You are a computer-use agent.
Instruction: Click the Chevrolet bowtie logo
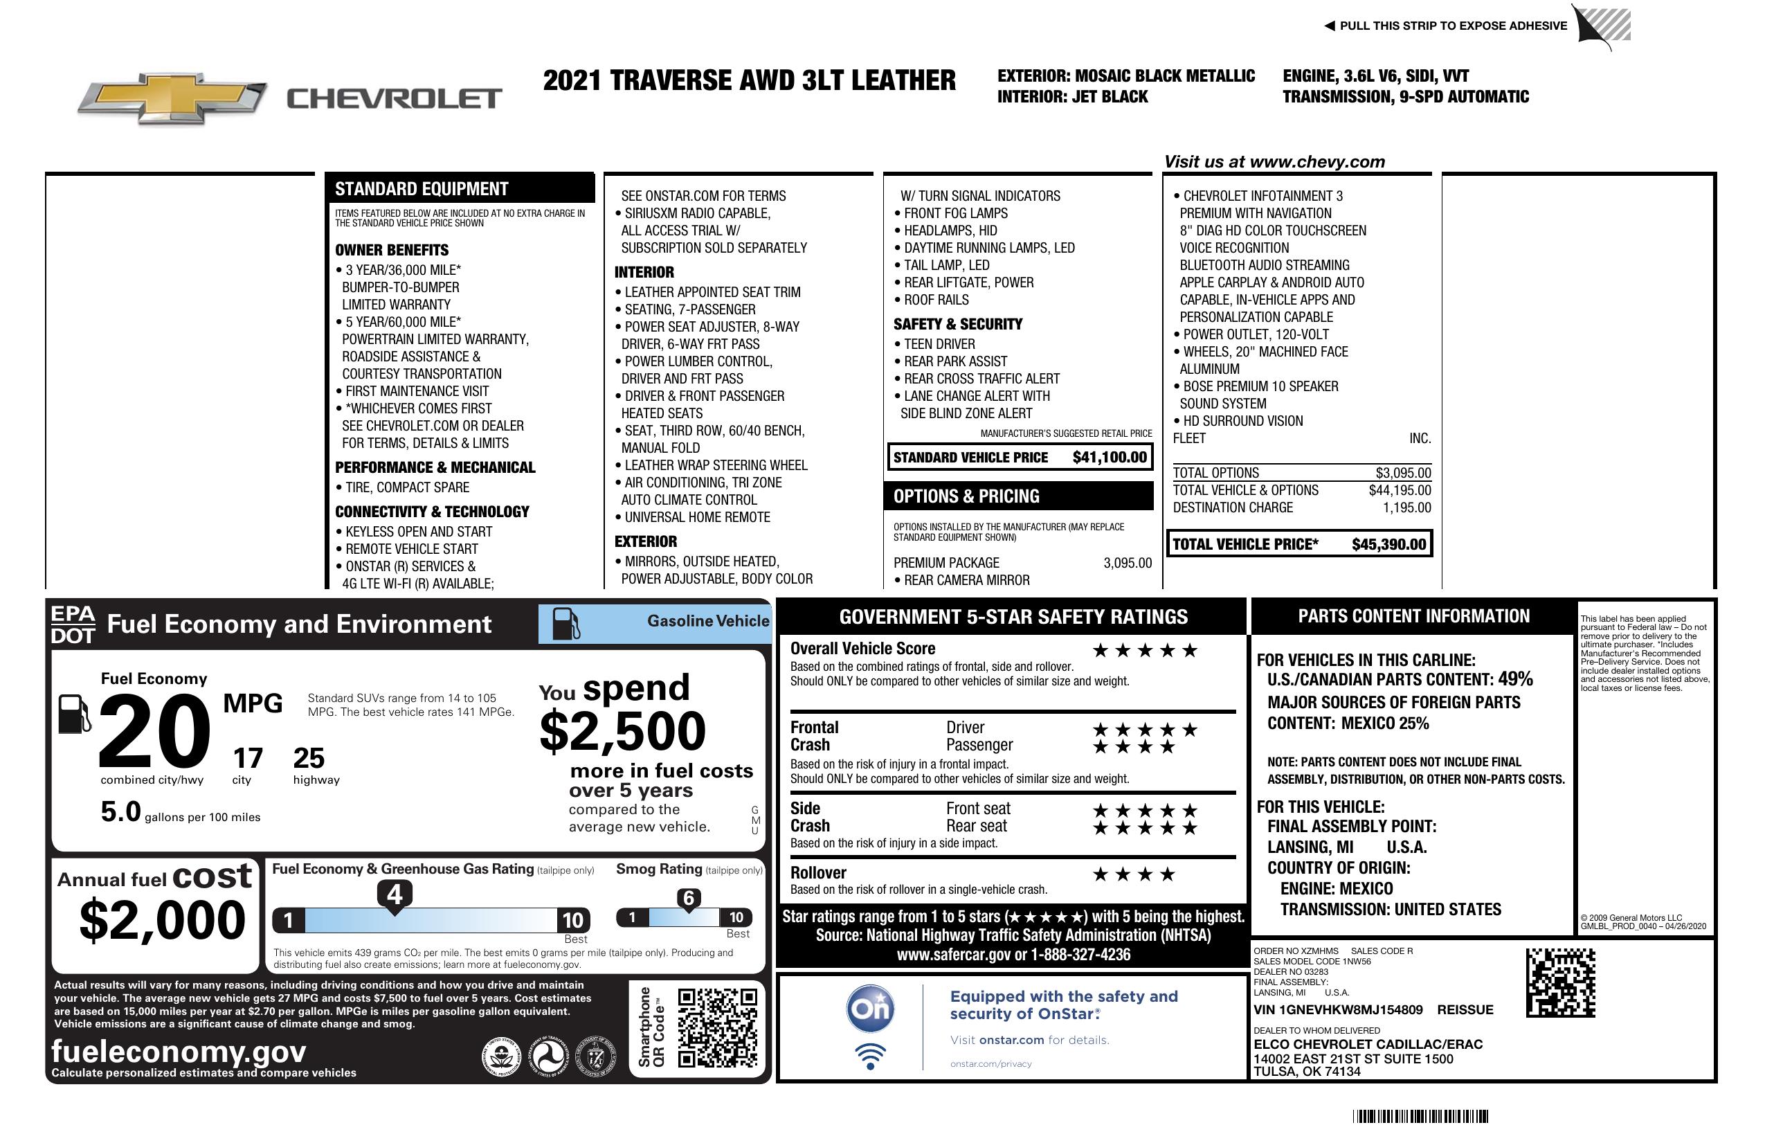172,98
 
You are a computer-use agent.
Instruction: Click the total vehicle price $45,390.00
1388,544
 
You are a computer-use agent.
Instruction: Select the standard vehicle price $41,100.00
1110,458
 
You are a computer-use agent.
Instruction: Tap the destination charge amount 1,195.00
1406,508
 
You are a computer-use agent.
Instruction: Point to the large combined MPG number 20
154,731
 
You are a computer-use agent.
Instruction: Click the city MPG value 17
248,758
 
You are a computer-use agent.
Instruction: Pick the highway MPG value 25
309,758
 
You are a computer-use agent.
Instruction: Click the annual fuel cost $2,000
163,920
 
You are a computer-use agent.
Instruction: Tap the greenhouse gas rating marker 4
395,894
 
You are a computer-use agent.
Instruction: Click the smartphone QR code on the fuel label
717,1028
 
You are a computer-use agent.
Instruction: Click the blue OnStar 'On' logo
871,1009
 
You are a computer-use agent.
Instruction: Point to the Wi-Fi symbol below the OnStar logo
871,1056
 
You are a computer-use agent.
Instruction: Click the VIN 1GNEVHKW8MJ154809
1338,1010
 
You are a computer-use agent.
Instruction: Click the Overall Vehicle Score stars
1145,651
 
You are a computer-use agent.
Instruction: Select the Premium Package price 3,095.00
1128,563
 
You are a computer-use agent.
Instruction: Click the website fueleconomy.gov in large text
179,1052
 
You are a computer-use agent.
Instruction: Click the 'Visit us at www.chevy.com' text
1274,162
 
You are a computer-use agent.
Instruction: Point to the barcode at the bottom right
1420,1116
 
